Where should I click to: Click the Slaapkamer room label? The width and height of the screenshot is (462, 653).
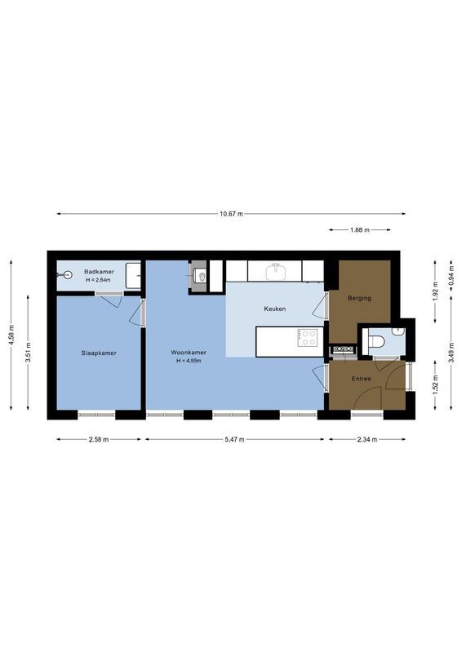point(97,353)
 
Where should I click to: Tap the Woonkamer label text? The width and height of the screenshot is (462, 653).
point(189,353)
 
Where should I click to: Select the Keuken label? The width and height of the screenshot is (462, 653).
point(273,309)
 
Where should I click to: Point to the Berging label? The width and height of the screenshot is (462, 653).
point(359,298)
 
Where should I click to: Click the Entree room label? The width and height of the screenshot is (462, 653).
point(362,379)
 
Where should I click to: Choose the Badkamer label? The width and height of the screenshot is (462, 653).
point(98,272)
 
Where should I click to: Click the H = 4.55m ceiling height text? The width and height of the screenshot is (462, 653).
point(189,360)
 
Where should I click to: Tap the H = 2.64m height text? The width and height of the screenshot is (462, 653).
point(98,280)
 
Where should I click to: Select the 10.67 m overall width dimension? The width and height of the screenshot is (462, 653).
point(231,214)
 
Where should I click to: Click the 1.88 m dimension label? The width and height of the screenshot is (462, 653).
point(359,230)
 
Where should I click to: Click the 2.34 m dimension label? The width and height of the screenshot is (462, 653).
point(366,440)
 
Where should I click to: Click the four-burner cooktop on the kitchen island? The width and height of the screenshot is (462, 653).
point(308,338)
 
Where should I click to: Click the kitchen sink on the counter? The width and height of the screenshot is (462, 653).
point(278,270)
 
